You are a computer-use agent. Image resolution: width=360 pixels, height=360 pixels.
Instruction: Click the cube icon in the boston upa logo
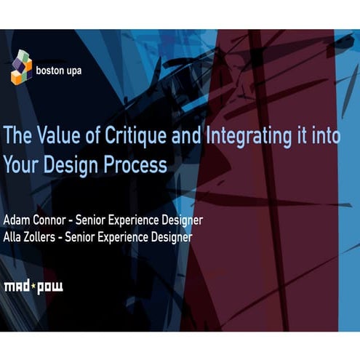21,67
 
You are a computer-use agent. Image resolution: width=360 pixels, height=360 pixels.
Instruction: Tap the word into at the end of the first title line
324,136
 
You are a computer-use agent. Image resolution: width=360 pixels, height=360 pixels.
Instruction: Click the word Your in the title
21,165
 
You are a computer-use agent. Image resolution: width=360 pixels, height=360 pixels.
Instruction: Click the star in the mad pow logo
33,287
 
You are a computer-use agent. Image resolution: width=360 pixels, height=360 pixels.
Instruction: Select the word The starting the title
18,136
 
